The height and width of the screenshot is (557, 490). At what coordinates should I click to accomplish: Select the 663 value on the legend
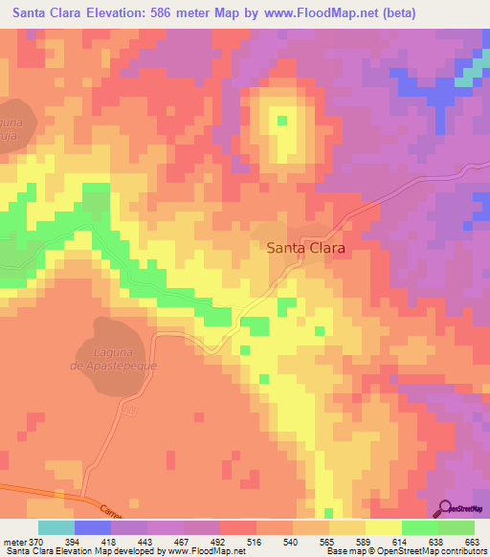click(x=473, y=541)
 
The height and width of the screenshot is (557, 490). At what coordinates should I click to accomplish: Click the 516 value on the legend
click(x=256, y=541)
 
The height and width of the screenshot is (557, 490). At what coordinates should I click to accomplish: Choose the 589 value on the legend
click(x=365, y=541)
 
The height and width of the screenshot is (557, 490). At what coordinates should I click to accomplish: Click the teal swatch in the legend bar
click(x=56, y=527)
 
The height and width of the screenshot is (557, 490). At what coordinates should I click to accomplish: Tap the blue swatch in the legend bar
click(x=93, y=527)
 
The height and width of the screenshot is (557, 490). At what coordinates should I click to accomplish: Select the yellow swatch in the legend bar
click(x=383, y=527)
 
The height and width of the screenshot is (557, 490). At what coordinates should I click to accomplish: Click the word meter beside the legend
click(x=13, y=541)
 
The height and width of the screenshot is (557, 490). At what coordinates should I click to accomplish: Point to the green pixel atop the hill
click(x=282, y=121)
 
